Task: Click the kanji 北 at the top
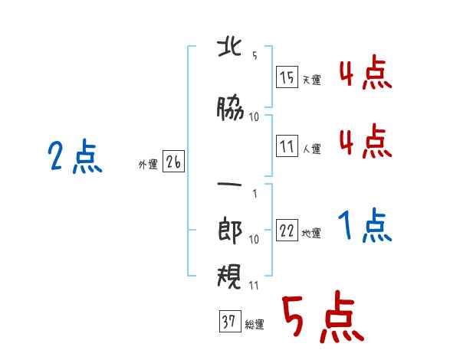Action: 230,47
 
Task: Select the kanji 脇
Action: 230,108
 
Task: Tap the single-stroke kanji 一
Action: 229,185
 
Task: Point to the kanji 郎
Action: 230,231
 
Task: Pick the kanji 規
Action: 229,277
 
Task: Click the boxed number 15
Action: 287,77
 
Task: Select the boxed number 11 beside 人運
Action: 287,146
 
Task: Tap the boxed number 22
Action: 287,230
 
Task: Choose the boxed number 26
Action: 173,162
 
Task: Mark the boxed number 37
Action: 230,321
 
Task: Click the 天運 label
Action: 311,80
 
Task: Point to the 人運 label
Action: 311,149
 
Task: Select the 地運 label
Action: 311,234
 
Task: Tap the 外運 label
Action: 148,165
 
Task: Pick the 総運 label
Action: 255,325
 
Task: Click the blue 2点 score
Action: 75,156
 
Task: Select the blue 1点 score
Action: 365,225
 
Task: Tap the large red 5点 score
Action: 323,316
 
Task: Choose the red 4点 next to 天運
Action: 366,72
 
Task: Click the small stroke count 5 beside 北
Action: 255,55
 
